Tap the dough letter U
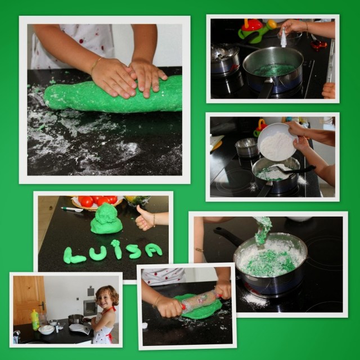coord(97,254)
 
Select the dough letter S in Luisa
coord(133,251)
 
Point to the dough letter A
coord(154,250)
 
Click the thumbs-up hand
coord(145,219)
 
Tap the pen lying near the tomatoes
coord(72,209)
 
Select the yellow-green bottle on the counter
coord(35,320)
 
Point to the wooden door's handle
coord(42,305)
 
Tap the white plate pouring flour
coord(277,142)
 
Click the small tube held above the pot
coord(283,37)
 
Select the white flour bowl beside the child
coord(46,330)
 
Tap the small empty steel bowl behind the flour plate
coord(247,147)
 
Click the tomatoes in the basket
coord(97,200)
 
